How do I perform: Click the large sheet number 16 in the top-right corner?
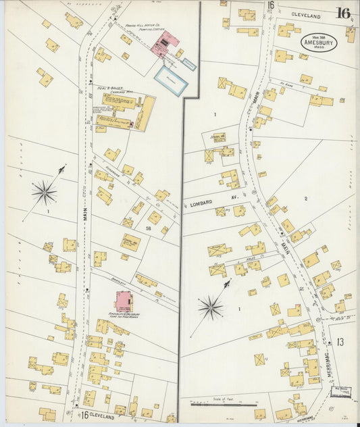pyautogui.click(x=343, y=13)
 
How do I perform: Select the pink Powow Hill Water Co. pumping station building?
pyautogui.click(x=163, y=44)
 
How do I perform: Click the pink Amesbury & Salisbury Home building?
pyautogui.click(x=124, y=301)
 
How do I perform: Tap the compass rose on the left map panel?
pyautogui.click(x=44, y=193)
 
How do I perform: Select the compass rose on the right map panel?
pyautogui.click(x=211, y=308)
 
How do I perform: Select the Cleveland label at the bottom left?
pyautogui.click(x=102, y=417)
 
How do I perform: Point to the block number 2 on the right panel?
pyautogui.click(x=305, y=198)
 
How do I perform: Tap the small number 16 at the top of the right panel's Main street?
pyautogui.click(x=270, y=5)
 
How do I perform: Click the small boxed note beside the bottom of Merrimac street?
pyautogui.click(x=342, y=391)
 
